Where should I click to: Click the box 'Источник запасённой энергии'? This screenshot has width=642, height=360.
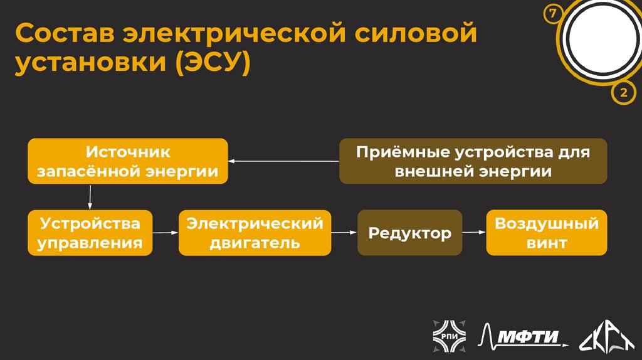tap(127, 161)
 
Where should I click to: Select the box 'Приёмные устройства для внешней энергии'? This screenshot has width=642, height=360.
tap(473, 161)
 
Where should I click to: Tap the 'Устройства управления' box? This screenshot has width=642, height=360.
tap(90, 233)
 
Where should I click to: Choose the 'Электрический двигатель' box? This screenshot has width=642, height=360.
tap(255, 233)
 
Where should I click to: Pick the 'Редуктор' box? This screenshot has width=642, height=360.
tap(409, 233)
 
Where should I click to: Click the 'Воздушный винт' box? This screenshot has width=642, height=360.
tap(546, 233)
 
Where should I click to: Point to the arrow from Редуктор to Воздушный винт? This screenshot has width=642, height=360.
tap(474, 233)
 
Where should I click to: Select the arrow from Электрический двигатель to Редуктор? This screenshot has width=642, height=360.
tap(344, 233)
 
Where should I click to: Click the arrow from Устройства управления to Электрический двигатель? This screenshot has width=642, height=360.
tap(166, 233)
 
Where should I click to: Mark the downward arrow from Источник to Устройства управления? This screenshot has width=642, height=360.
tap(90, 197)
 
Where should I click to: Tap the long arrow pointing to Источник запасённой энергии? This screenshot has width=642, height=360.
tap(283, 161)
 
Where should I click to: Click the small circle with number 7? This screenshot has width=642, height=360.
tap(553, 13)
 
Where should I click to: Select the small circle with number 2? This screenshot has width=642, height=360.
tap(623, 93)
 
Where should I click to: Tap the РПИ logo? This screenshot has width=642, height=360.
tap(448, 336)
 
